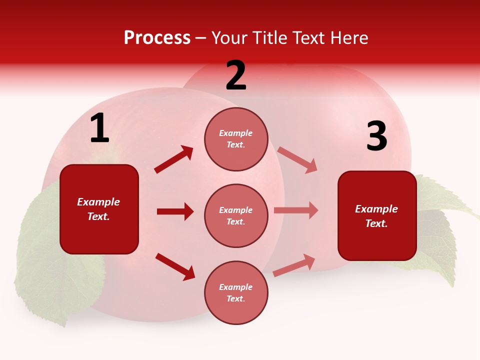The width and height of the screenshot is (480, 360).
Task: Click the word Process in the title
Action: [x=157, y=38]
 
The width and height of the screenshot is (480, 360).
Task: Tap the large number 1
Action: [x=99, y=129]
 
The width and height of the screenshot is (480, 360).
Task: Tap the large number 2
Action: [x=236, y=76]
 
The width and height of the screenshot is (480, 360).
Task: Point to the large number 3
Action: [x=376, y=137]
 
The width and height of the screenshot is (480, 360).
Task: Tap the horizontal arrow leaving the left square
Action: [x=175, y=211]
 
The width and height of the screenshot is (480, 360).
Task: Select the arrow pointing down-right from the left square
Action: [x=175, y=266]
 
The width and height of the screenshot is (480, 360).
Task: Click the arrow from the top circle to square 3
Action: [x=297, y=160]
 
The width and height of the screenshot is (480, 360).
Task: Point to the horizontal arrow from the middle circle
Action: [x=296, y=210]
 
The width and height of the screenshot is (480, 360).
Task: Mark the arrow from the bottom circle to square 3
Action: [x=294, y=265]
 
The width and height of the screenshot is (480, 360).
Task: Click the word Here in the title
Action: [x=350, y=38]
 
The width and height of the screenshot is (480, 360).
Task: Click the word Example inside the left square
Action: [x=98, y=202]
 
